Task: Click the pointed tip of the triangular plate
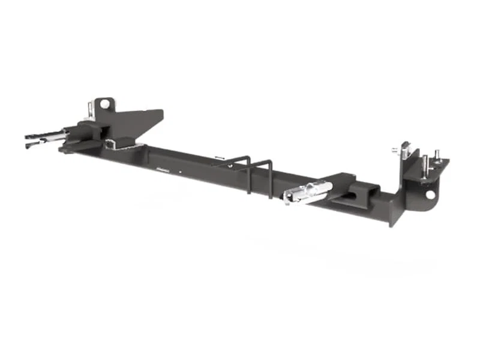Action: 162,112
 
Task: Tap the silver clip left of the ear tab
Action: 90,109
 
